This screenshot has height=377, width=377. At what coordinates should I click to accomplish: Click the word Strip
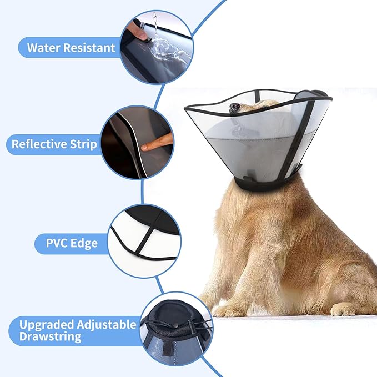click(x=84, y=145)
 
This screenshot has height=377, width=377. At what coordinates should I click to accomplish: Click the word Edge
click(x=82, y=243)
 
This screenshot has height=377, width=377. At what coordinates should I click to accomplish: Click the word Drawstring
click(x=50, y=336)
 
